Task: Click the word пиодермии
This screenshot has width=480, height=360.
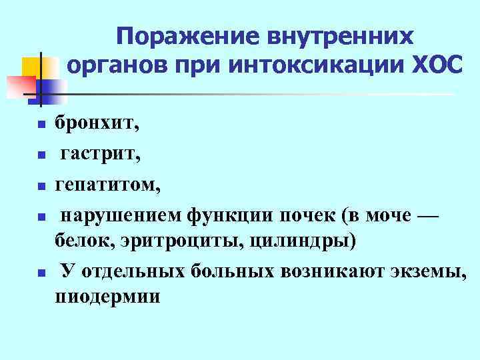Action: [x=107, y=296]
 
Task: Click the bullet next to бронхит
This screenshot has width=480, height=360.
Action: [x=41, y=125]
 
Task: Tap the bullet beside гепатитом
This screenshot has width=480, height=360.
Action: [x=41, y=186]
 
